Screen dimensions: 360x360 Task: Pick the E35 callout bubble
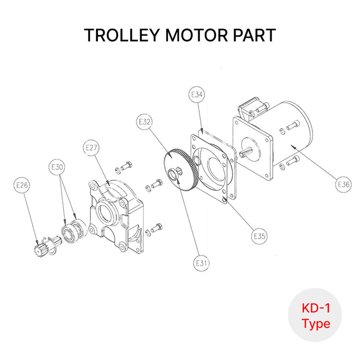(x=259, y=236)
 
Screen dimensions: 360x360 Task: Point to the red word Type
(x=316, y=324)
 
